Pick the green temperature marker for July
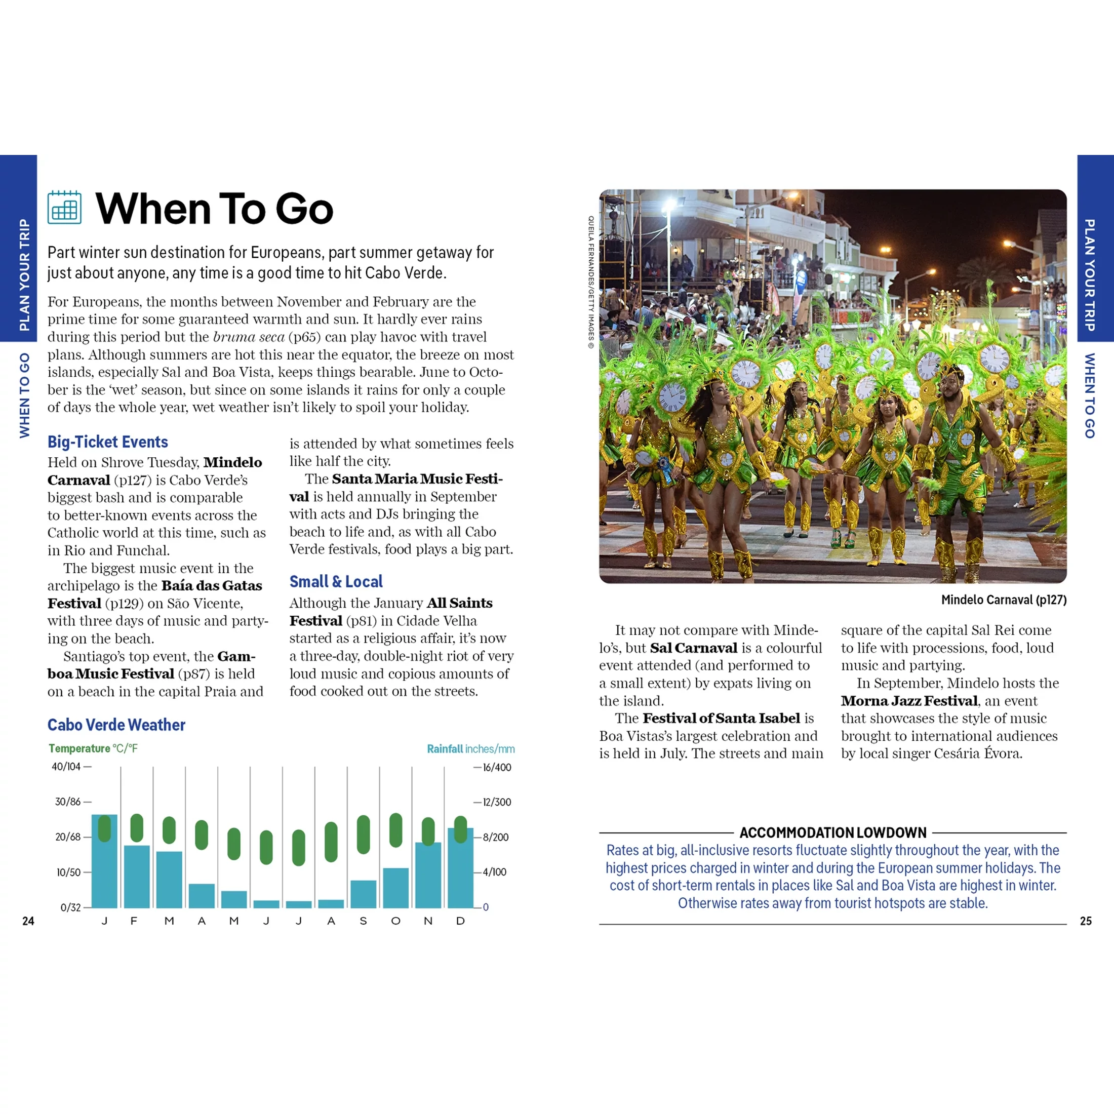pos(299,847)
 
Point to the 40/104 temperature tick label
pos(67,767)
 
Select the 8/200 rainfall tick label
pos(495,837)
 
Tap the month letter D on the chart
pos(460,921)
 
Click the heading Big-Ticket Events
pos(108,442)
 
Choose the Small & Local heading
pos(336,582)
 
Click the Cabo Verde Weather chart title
pos(116,725)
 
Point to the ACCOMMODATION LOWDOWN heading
pos(832,832)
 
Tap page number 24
pos(28,921)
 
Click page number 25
pos(1086,921)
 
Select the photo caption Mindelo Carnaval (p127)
pos(1003,600)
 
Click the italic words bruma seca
pos(249,337)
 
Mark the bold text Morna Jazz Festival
pos(909,701)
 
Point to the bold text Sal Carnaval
pos(694,648)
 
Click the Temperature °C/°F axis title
pos(93,748)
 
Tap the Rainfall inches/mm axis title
pos(470,748)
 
